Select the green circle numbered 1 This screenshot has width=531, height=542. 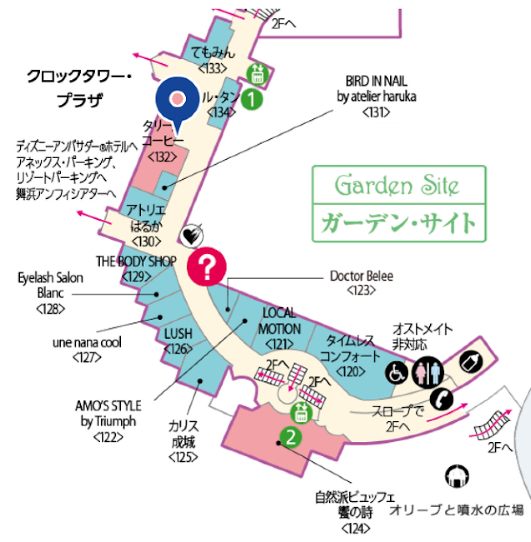click(x=251, y=99)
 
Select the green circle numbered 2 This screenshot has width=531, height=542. click(x=291, y=437)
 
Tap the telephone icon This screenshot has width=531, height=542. click(x=441, y=399)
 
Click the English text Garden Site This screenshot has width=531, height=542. click(x=397, y=185)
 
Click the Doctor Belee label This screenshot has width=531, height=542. click(x=362, y=276)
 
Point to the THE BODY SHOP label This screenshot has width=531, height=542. click(x=136, y=262)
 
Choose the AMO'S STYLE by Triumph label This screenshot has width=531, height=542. click(x=108, y=413)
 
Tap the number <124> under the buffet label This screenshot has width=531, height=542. click(x=355, y=528)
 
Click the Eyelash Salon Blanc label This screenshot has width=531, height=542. click(x=50, y=286)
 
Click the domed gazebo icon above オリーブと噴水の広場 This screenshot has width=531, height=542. click(x=457, y=476)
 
